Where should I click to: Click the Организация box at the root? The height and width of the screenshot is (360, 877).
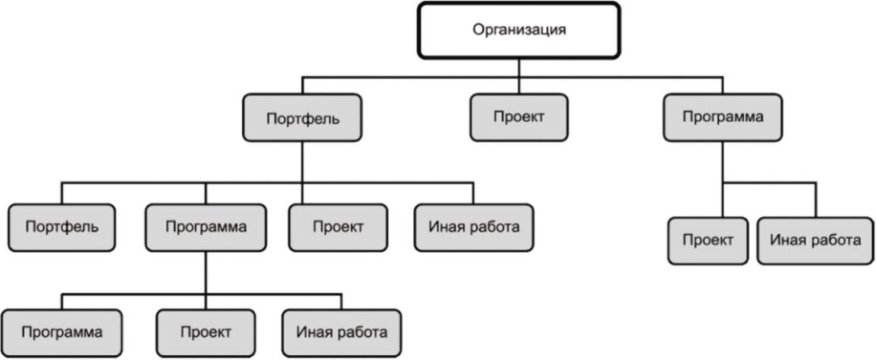(519, 31)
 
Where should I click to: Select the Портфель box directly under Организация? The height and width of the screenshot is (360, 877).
(303, 119)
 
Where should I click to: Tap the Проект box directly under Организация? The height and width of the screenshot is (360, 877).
(519, 116)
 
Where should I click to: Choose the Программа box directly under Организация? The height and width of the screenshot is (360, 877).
(723, 116)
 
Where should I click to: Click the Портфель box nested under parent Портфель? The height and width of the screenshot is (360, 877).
(61, 226)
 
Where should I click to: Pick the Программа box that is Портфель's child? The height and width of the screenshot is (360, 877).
(206, 226)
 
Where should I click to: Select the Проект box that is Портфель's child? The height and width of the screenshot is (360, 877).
(338, 226)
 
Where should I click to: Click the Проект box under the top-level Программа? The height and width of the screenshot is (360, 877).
(708, 240)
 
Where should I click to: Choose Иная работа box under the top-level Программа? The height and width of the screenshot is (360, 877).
(816, 240)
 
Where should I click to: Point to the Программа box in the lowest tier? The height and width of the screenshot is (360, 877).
(62, 331)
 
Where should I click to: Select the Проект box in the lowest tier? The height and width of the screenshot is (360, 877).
(206, 331)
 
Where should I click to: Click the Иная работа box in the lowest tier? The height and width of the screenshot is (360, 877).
(341, 331)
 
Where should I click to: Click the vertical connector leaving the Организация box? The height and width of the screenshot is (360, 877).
(519, 68)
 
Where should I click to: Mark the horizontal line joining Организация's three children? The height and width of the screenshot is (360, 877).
(411, 77)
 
